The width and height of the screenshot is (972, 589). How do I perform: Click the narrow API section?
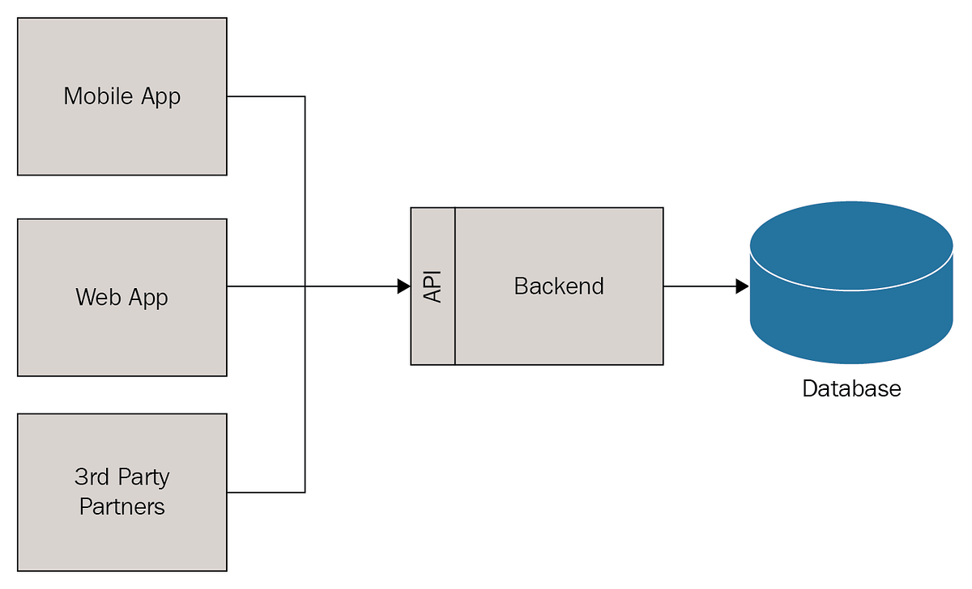pyautogui.click(x=433, y=332)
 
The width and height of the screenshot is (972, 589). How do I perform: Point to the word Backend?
pyautogui.click(x=559, y=286)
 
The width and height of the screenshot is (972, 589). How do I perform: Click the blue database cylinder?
pyautogui.click(x=850, y=299)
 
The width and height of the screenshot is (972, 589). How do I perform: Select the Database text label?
pyautogui.click(x=851, y=388)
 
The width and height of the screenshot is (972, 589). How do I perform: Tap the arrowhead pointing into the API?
pyautogui.click(x=403, y=286)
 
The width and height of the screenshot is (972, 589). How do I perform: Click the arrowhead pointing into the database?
pyautogui.click(x=741, y=286)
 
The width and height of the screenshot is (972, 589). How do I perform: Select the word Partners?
pyautogui.click(x=122, y=506)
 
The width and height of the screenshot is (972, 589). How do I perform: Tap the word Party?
pyautogui.click(x=143, y=477)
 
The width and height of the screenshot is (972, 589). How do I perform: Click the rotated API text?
pyautogui.click(x=433, y=286)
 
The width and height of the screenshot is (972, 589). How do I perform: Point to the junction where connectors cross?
pyautogui.click(x=305, y=286)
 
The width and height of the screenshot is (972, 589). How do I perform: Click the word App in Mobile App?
pyautogui.click(x=160, y=97)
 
